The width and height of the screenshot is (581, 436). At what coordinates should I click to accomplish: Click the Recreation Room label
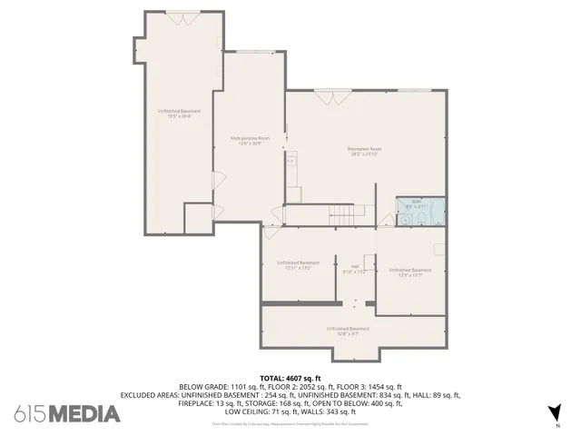coord(365,148)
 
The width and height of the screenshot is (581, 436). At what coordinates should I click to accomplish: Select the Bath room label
coord(417,202)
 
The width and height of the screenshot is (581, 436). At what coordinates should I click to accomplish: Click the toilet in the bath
coord(402,218)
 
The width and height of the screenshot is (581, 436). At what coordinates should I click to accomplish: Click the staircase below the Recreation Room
coord(340,215)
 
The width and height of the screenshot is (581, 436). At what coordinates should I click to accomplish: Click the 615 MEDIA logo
coord(67,414)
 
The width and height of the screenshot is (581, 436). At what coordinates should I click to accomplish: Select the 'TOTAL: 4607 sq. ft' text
coord(290,377)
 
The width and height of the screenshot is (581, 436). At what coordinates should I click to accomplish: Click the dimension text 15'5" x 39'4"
coord(179,116)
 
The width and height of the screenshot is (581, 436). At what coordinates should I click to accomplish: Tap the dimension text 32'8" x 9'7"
coord(348,333)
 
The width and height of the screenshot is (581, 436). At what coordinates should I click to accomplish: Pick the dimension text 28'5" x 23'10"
coord(365,154)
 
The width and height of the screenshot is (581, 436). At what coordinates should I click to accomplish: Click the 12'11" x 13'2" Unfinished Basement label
coord(298,263)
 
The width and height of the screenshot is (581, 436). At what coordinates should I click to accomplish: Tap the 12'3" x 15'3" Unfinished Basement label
coord(410,270)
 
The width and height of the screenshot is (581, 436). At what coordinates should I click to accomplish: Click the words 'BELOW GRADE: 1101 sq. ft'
coord(222,386)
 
